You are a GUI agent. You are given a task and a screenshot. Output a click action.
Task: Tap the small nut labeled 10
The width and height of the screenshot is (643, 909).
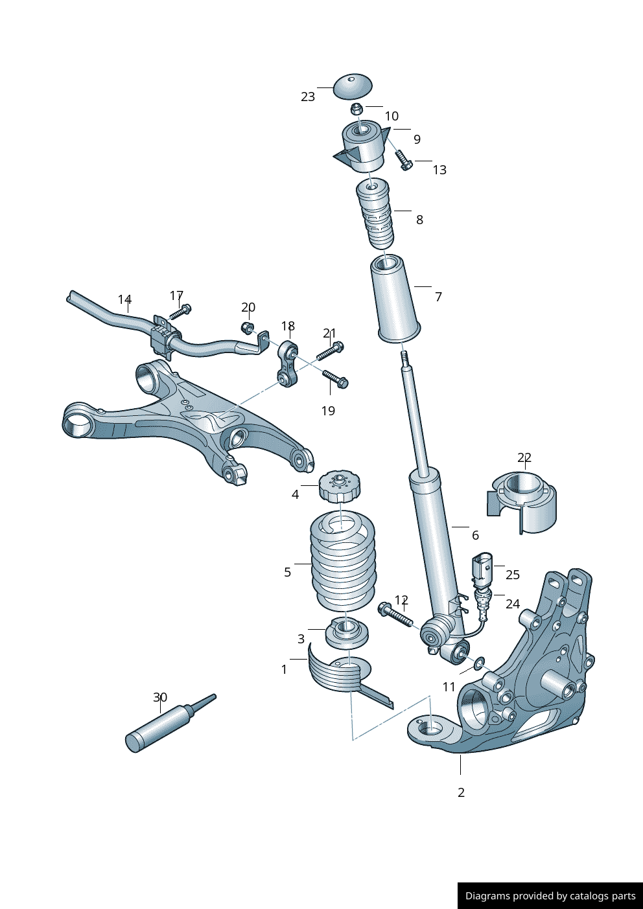pos(357,109)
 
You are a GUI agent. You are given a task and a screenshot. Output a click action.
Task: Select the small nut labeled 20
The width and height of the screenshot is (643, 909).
pos(247,327)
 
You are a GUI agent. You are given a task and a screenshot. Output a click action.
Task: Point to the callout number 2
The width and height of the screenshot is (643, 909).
pos(461,792)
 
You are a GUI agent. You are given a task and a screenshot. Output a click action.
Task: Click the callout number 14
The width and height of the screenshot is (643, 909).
pos(124,299)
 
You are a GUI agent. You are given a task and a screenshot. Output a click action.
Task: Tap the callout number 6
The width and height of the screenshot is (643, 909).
pos(475,535)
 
